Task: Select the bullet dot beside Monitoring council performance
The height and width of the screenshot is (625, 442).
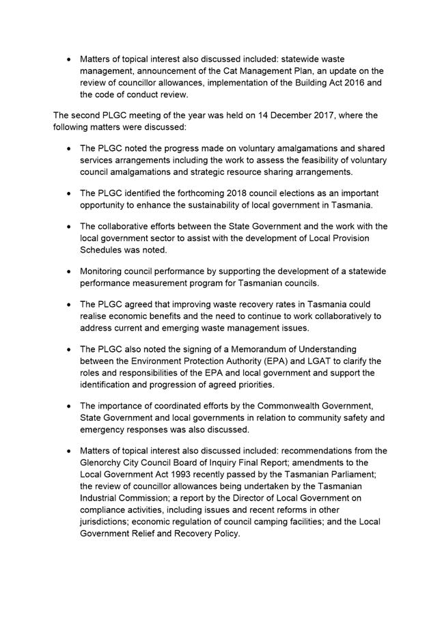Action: pos(69,272)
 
